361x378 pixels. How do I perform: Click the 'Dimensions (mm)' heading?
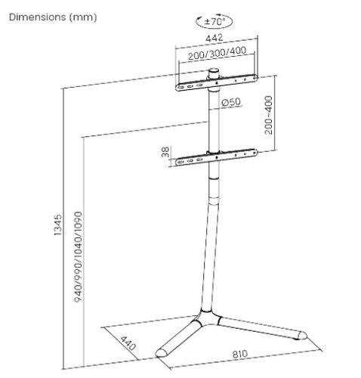(53, 17)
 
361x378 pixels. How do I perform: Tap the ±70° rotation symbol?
(214, 21)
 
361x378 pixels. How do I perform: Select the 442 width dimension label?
(214, 38)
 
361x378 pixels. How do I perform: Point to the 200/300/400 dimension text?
(218, 53)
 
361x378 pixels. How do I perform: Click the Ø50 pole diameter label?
(231, 102)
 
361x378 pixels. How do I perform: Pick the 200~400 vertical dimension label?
(269, 115)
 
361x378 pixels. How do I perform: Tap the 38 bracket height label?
(165, 152)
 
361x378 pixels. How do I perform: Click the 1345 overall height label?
(58, 225)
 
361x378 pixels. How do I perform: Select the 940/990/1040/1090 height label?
(79, 257)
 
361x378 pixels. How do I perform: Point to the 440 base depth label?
(128, 343)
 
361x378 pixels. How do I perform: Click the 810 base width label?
(240, 354)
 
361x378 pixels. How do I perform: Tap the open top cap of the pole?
(214, 70)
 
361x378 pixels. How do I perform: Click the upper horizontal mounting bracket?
(217, 83)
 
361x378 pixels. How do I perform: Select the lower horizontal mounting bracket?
(217, 157)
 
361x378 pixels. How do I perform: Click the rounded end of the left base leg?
(161, 353)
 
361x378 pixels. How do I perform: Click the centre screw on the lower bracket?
(217, 157)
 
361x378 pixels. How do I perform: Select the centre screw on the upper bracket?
(217, 83)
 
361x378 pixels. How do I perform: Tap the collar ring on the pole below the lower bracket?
(214, 178)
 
